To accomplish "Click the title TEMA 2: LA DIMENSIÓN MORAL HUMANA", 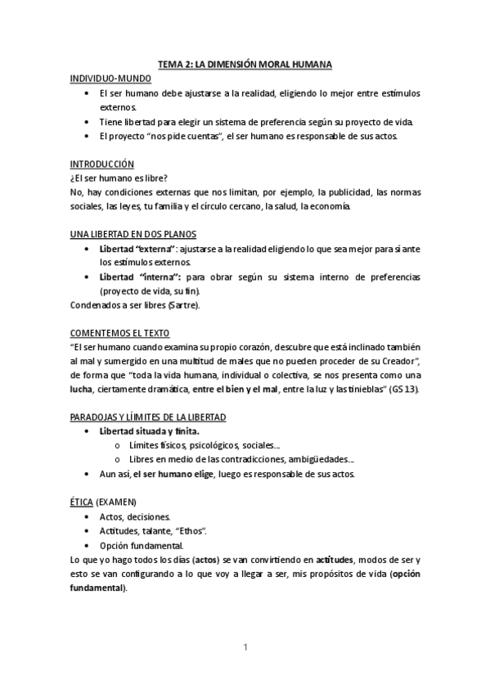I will pyautogui.click(x=245, y=64).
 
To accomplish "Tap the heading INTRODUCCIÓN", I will pyautogui.click(x=102, y=164).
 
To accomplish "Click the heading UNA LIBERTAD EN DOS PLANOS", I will pyautogui.click(x=133, y=234).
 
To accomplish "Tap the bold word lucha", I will pyautogui.click(x=83, y=390).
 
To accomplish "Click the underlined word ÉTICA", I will pyautogui.click(x=82, y=502).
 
